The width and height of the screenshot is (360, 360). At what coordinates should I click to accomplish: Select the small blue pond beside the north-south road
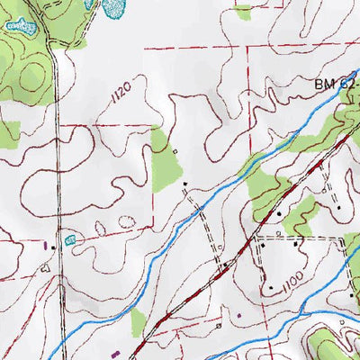pos(70,239)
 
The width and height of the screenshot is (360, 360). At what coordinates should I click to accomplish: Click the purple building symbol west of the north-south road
pos(45,243)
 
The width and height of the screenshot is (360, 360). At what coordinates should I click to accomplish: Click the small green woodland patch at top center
pos(242,11)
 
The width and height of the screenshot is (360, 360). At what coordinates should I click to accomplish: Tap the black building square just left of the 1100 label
pos(270,287)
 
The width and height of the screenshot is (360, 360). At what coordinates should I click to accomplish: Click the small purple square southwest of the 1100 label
pos(239,314)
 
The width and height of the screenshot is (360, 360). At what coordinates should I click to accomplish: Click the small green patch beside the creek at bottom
pos(138,320)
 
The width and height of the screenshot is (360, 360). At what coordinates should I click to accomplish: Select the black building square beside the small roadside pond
pos(55,246)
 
